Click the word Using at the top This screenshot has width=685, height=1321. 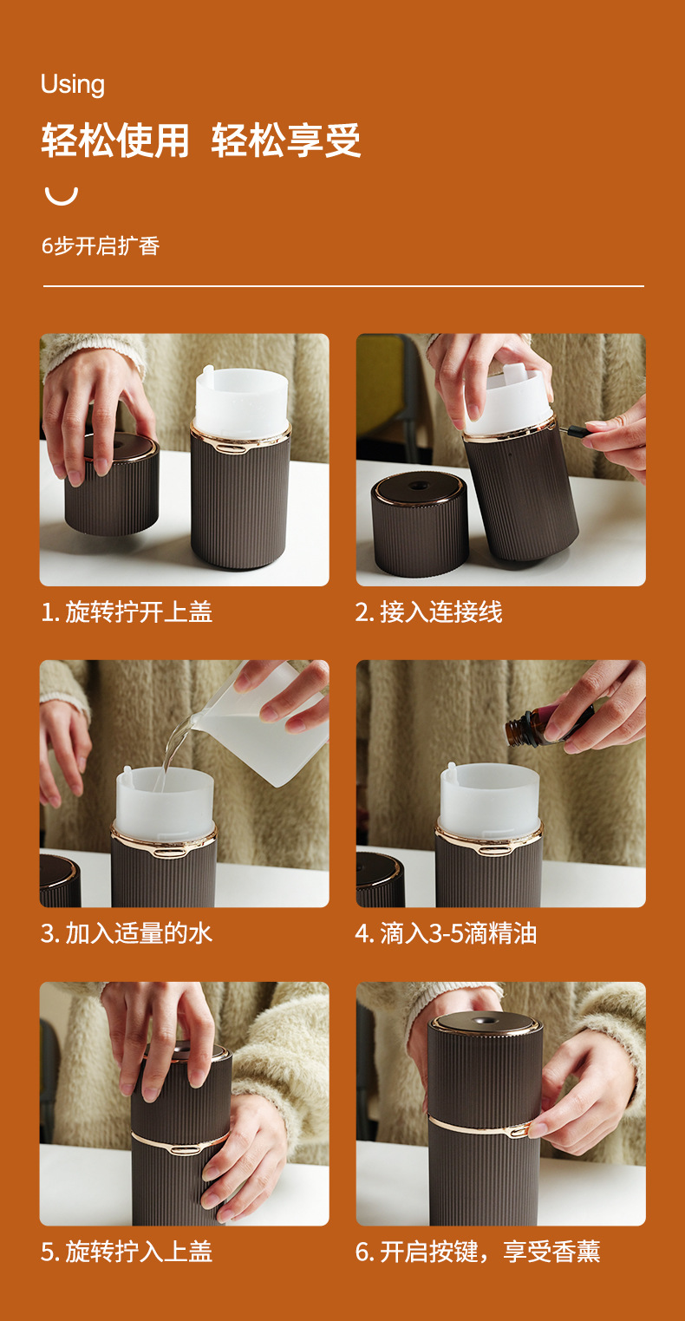click(x=73, y=85)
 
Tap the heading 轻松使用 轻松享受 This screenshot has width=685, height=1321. click(x=200, y=141)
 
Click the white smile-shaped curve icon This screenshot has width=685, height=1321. click(x=62, y=196)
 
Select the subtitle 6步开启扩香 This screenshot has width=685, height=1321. click(x=101, y=245)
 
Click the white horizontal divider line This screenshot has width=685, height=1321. click(x=343, y=286)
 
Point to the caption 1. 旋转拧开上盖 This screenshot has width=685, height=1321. click(x=126, y=611)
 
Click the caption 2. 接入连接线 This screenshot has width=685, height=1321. click(x=428, y=611)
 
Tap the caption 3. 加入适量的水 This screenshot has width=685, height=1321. click(x=126, y=933)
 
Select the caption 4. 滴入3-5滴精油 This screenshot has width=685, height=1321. click(x=446, y=933)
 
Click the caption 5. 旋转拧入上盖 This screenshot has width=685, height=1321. click(x=126, y=1252)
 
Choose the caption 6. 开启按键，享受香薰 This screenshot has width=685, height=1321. click(x=478, y=1252)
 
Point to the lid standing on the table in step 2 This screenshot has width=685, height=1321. click(x=419, y=524)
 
